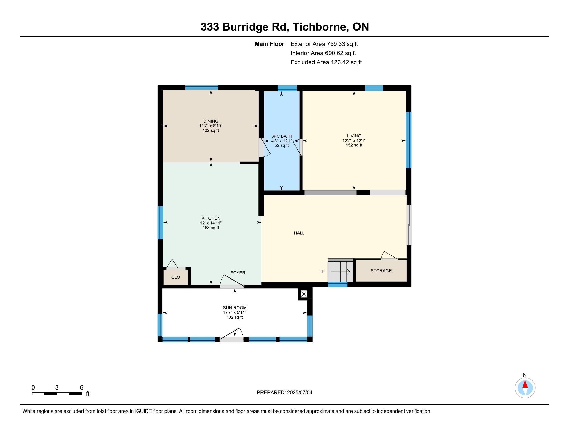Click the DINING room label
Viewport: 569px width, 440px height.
click(211, 121)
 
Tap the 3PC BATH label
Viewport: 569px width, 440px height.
click(282, 136)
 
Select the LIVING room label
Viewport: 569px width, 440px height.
click(354, 136)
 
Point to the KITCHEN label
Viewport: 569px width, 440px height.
click(211, 218)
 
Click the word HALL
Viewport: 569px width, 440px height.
click(299, 233)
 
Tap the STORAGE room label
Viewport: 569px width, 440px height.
click(381, 271)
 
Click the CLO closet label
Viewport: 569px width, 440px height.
click(176, 277)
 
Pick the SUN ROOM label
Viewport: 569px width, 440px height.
click(235, 308)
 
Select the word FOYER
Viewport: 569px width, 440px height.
click(238, 273)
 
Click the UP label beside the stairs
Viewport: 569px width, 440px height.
click(321, 272)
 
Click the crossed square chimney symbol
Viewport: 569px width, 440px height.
click(304, 294)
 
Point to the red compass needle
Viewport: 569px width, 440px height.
click(525, 384)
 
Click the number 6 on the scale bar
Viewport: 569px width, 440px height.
click(81, 388)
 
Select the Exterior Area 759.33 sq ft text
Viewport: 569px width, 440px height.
click(324, 44)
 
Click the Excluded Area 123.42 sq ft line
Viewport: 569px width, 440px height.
click(326, 62)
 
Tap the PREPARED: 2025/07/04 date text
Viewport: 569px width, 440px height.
click(284, 392)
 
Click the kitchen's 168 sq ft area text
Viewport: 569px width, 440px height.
click(211, 228)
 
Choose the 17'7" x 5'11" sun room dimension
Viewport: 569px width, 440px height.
click(235, 313)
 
